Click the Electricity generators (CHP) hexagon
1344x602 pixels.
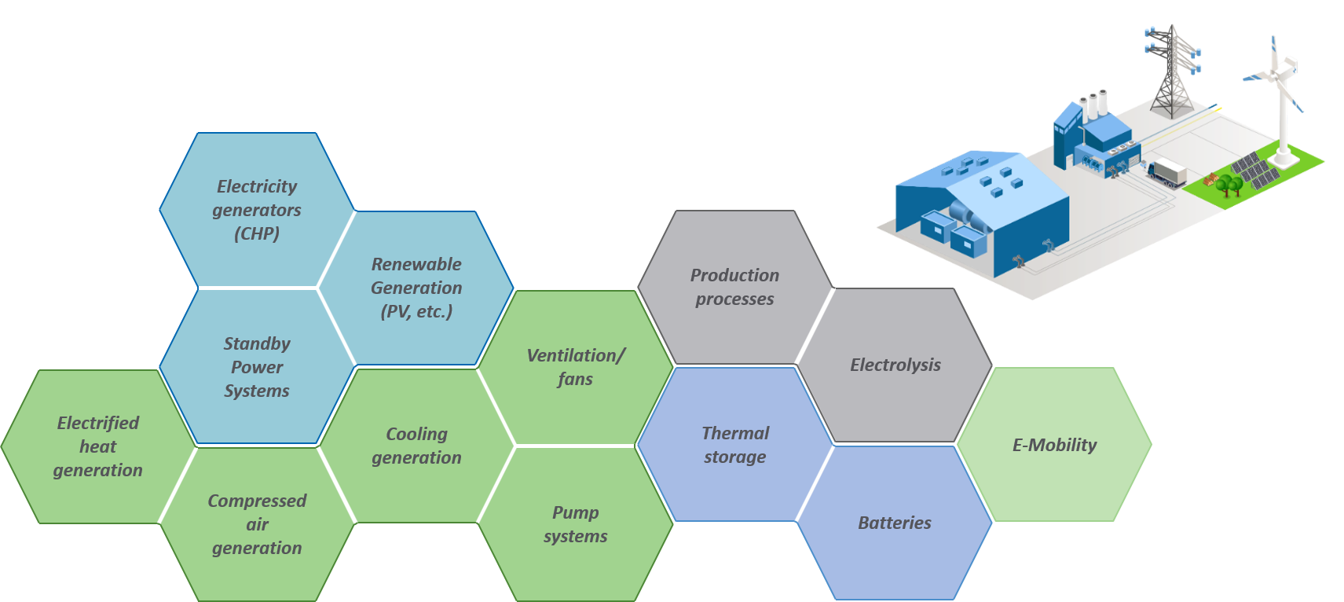point(257,210)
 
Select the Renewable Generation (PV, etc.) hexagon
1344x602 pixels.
point(416,288)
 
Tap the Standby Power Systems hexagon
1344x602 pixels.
point(257,367)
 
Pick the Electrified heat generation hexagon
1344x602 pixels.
point(98,446)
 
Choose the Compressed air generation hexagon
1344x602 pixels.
point(257,524)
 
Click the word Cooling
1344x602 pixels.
point(416,434)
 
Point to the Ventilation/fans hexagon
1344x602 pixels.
point(575,367)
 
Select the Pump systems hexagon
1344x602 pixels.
point(575,524)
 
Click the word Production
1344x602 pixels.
point(734,275)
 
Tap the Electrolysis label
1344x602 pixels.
point(895,365)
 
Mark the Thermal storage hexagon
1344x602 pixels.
point(734,445)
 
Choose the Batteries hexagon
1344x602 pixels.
point(895,523)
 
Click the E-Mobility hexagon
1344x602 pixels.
point(1054,445)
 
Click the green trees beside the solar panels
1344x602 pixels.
point(1229,185)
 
